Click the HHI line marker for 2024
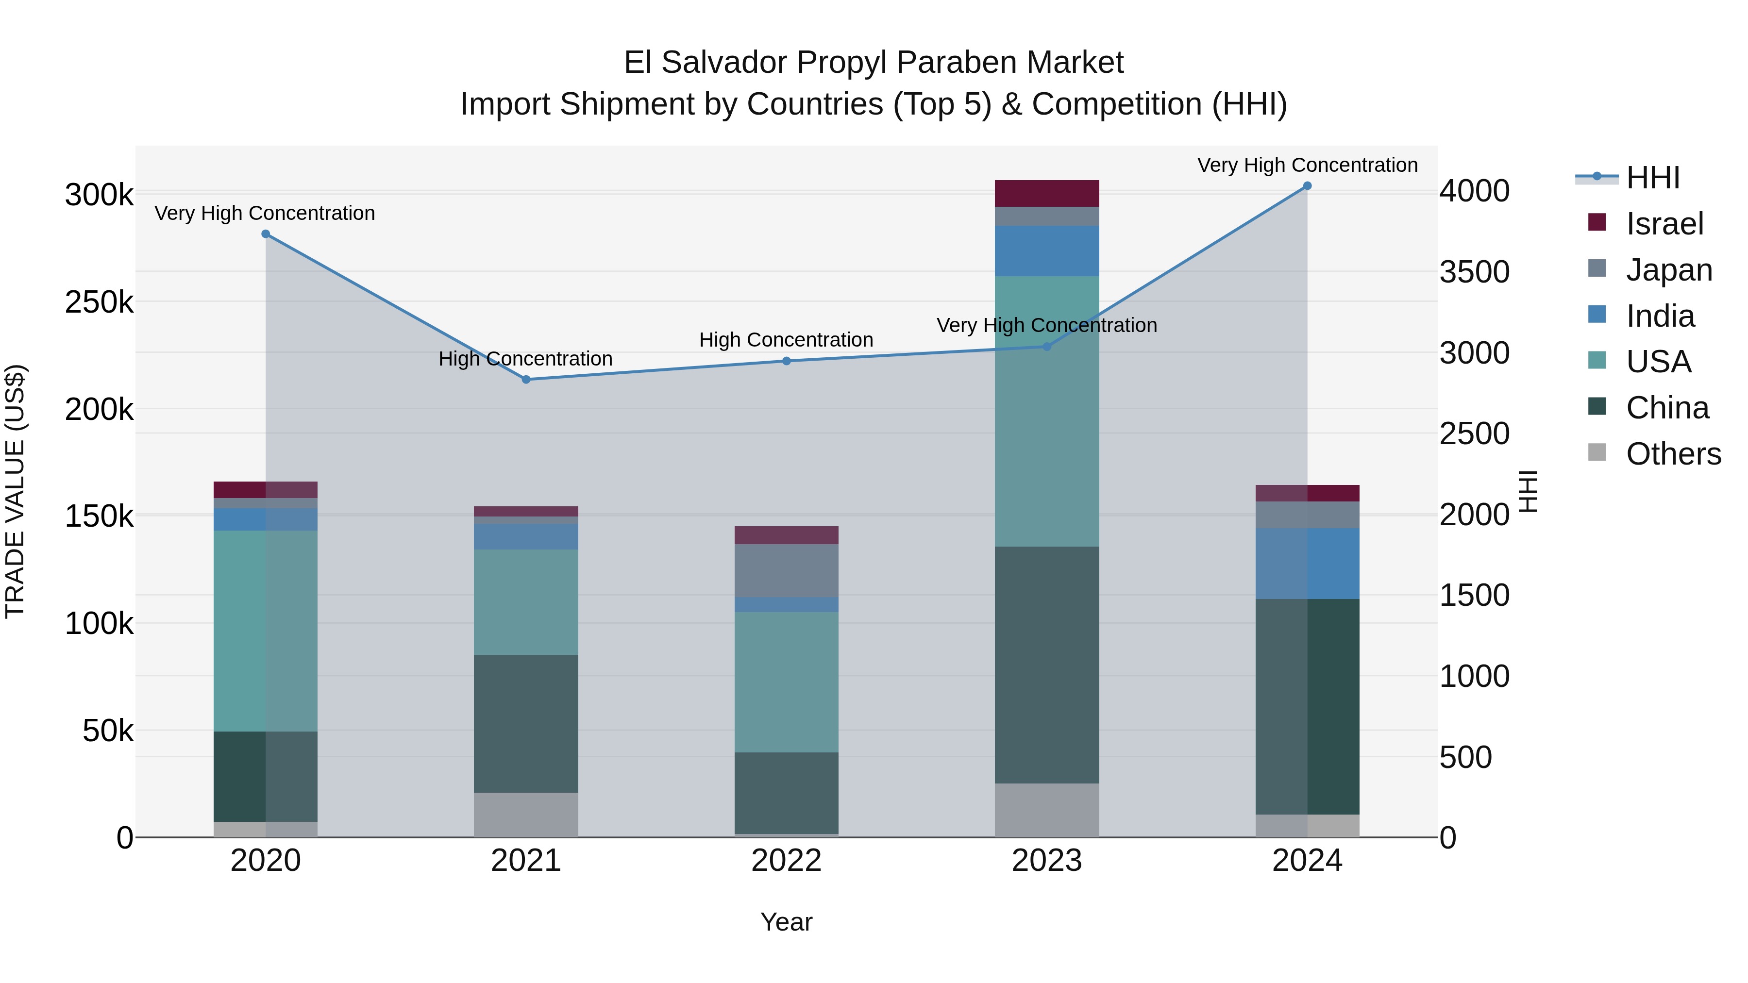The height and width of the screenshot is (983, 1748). [1307, 186]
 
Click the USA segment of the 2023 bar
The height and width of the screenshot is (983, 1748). [1046, 410]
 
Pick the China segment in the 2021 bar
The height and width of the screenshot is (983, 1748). [526, 723]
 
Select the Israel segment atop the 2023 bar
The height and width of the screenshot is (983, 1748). [1046, 193]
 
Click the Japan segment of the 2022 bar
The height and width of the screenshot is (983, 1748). [787, 570]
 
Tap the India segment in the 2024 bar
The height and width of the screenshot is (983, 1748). [1307, 563]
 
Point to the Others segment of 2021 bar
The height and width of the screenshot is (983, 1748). [526, 814]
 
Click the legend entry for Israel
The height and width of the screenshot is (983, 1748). [1664, 224]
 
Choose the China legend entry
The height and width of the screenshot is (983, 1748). [1667, 408]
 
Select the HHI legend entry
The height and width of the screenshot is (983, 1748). [1653, 178]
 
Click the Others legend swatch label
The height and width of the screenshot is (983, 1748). [1673, 454]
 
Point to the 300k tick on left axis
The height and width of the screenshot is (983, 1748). [99, 195]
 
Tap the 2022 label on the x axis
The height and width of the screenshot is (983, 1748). [787, 860]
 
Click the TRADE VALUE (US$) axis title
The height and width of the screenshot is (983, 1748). [15, 491]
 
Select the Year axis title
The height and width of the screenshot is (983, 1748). [787, 922]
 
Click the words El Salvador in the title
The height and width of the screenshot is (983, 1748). [705, 63]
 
